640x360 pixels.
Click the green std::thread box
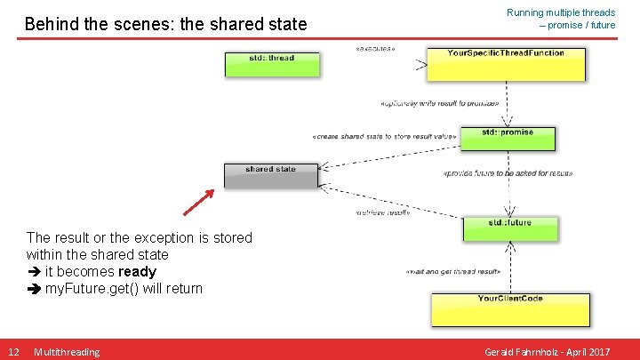click(x=271, y=63)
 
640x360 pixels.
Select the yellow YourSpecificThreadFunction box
click(x=506, y=63)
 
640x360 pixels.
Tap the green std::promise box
click(x=508, y=138)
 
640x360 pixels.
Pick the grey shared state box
click(x=270, y=174)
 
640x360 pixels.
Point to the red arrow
click(x=199, y=202)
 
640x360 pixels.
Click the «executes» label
click(x=375, y=48)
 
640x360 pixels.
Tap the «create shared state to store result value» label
click(x=384, y=137)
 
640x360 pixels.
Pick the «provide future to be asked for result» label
click(x=507, y=173)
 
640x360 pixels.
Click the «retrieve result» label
click(x=382, y=212)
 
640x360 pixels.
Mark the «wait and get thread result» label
click(x=452, y=271)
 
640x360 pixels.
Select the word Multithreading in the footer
click(x=67, y=352)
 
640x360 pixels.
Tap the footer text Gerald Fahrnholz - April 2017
click(x=547, y=352)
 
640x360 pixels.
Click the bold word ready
click(x=137, y=271)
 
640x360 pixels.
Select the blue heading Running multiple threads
click(x=560, y=12)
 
